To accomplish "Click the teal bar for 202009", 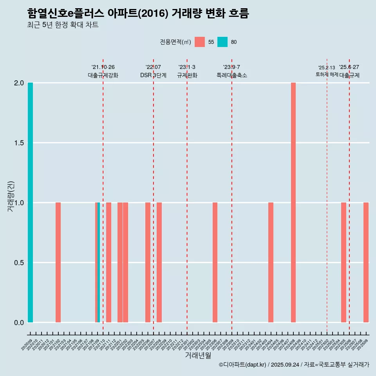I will (30, 202).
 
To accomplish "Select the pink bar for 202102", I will (58, 262).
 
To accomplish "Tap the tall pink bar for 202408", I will (293, 202).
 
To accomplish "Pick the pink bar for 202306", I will (215, 262).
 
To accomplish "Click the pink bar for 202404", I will (271, 262).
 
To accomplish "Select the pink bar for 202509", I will (366, 262).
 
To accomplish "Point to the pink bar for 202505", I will (343, 262).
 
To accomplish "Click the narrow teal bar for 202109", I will (99, 262).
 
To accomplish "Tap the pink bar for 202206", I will (148, 262).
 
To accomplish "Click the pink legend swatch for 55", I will (200, 42).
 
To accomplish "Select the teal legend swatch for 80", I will (222, 42).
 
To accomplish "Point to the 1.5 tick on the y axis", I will (19, 143).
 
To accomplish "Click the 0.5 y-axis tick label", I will (19, 263).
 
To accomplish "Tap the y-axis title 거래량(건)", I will (11, 196).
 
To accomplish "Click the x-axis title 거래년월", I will (198, 356).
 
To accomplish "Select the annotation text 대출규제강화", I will (103, 75).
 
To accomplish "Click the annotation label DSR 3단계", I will (153, 75).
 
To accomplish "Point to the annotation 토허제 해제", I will (327, 74).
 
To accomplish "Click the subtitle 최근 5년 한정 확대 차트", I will (63, 25).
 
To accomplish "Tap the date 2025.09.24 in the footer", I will (285, 365).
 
